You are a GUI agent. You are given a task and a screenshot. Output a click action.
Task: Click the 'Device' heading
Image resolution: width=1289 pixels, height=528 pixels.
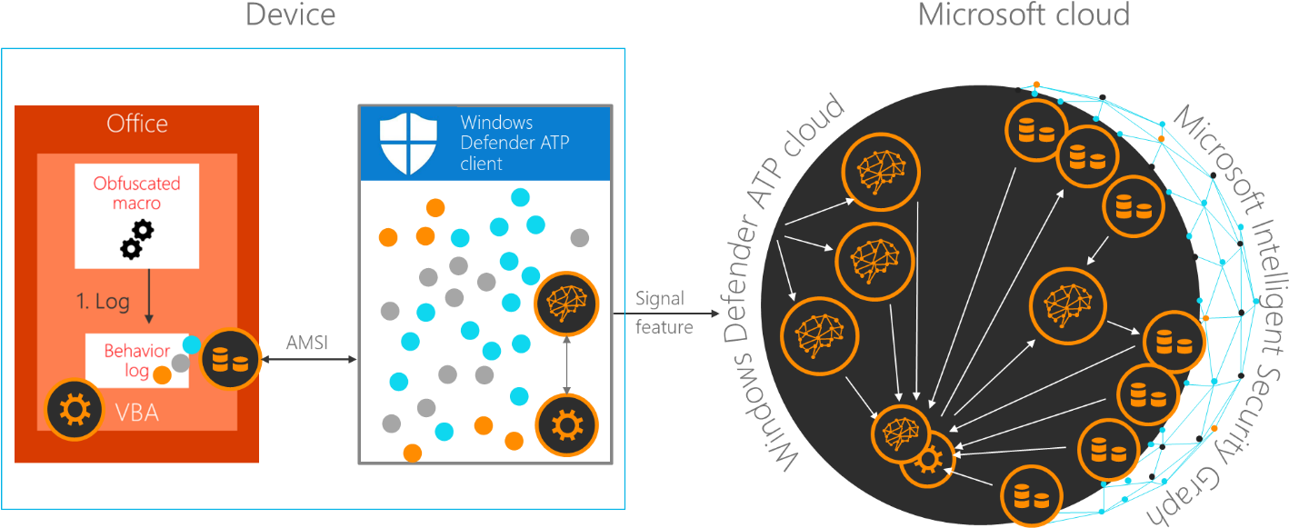pos(290,15)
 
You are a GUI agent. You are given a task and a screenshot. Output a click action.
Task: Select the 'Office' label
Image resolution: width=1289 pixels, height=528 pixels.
pos(137,124)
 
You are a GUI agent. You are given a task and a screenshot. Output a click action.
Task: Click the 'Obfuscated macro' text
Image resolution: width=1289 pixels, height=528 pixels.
pos(136,193)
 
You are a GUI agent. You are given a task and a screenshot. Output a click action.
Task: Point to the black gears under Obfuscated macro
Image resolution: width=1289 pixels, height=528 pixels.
pos(137,239)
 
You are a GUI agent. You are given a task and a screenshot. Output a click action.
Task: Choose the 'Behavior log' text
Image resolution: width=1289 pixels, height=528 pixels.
pos(136,361)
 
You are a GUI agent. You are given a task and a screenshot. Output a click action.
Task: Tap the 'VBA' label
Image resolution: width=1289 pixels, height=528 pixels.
pos(137,413)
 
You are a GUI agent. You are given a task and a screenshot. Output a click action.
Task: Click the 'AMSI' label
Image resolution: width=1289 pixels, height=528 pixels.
pos(307,344)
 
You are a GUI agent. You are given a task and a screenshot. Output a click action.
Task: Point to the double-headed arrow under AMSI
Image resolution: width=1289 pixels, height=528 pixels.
pos(307,360)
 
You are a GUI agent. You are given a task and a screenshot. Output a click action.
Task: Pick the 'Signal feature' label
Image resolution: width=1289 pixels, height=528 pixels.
pos(664,313)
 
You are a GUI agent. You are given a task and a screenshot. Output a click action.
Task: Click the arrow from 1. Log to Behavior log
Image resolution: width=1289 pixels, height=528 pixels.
pos(148,307)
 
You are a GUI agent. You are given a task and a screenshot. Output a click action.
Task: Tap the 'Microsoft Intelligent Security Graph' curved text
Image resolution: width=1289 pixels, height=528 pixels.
pos(1233,309)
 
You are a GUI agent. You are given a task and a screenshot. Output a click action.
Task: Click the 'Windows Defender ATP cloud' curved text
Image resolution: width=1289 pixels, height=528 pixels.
pos(778,282)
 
